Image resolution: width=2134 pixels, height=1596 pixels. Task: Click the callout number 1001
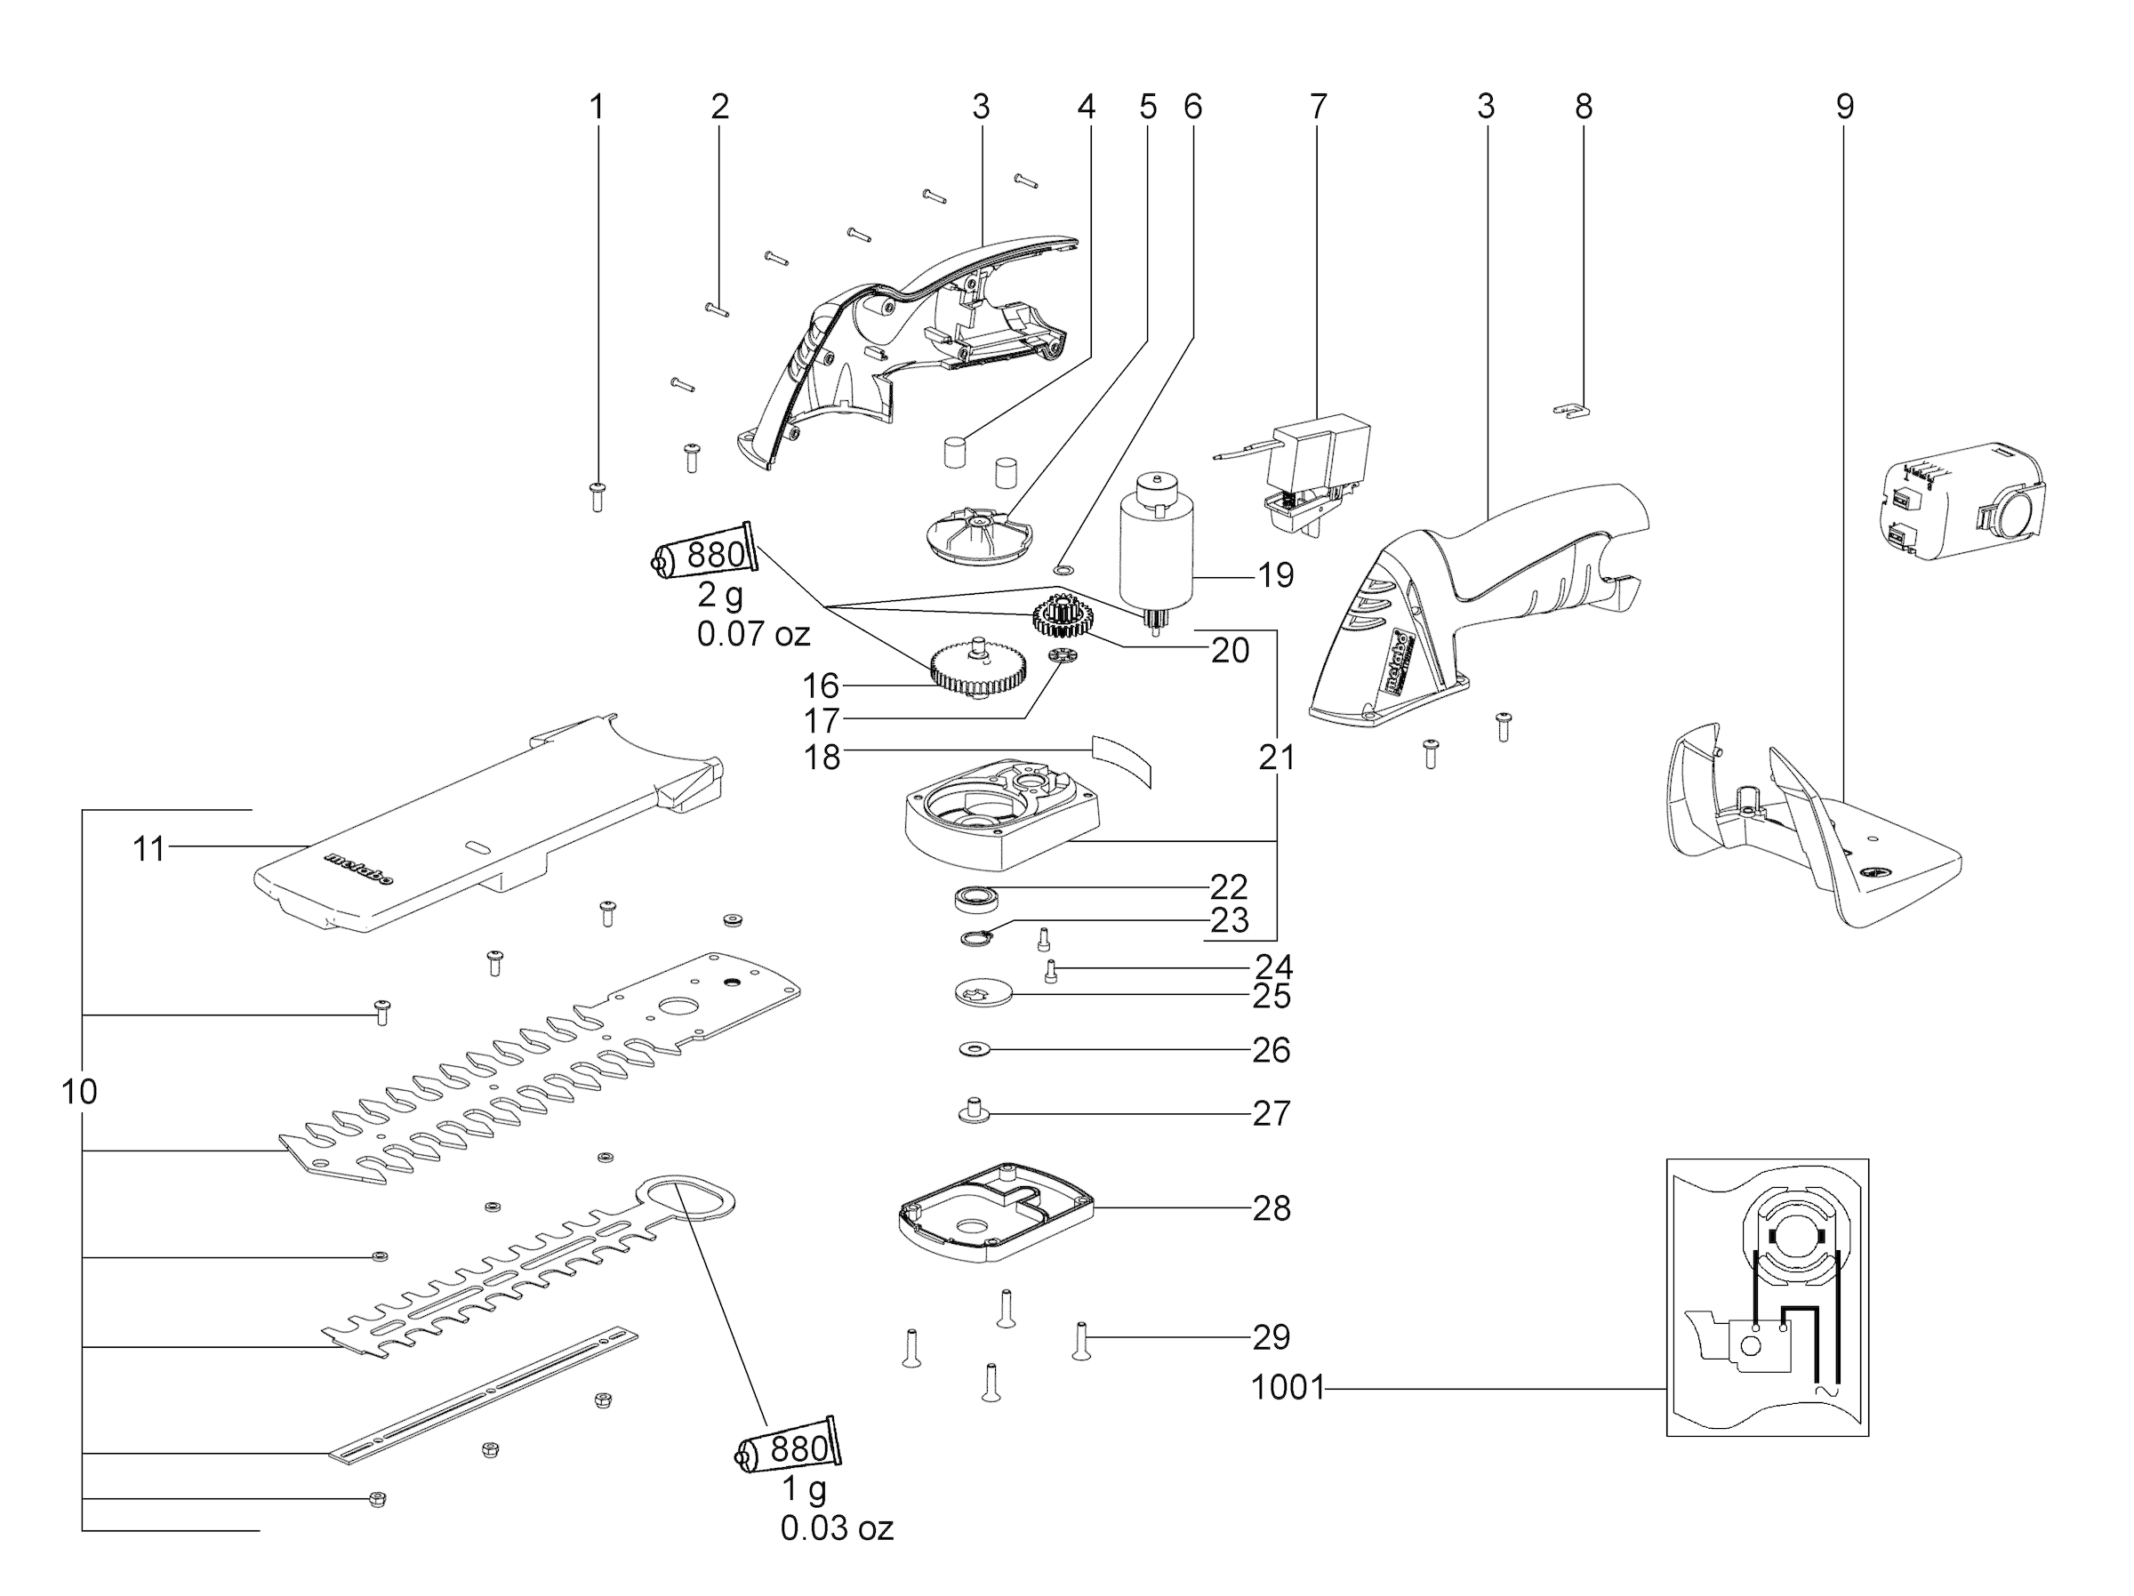click(x=1287, y=1389)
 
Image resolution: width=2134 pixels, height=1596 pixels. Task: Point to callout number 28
click(x=1272, y=1208)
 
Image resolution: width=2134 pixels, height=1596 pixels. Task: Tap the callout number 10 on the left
click(x=79, y=1093)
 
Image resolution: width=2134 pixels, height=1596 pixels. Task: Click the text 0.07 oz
click(x=753, y=634)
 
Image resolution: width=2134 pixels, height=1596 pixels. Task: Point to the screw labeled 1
click(x=598, y=496)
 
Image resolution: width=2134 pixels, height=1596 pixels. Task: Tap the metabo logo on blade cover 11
click(x=359, y=869)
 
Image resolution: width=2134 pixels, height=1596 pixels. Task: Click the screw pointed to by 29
click(x=1080, y=1341)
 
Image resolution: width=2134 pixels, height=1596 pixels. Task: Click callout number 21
click(x=1276, y=758)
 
